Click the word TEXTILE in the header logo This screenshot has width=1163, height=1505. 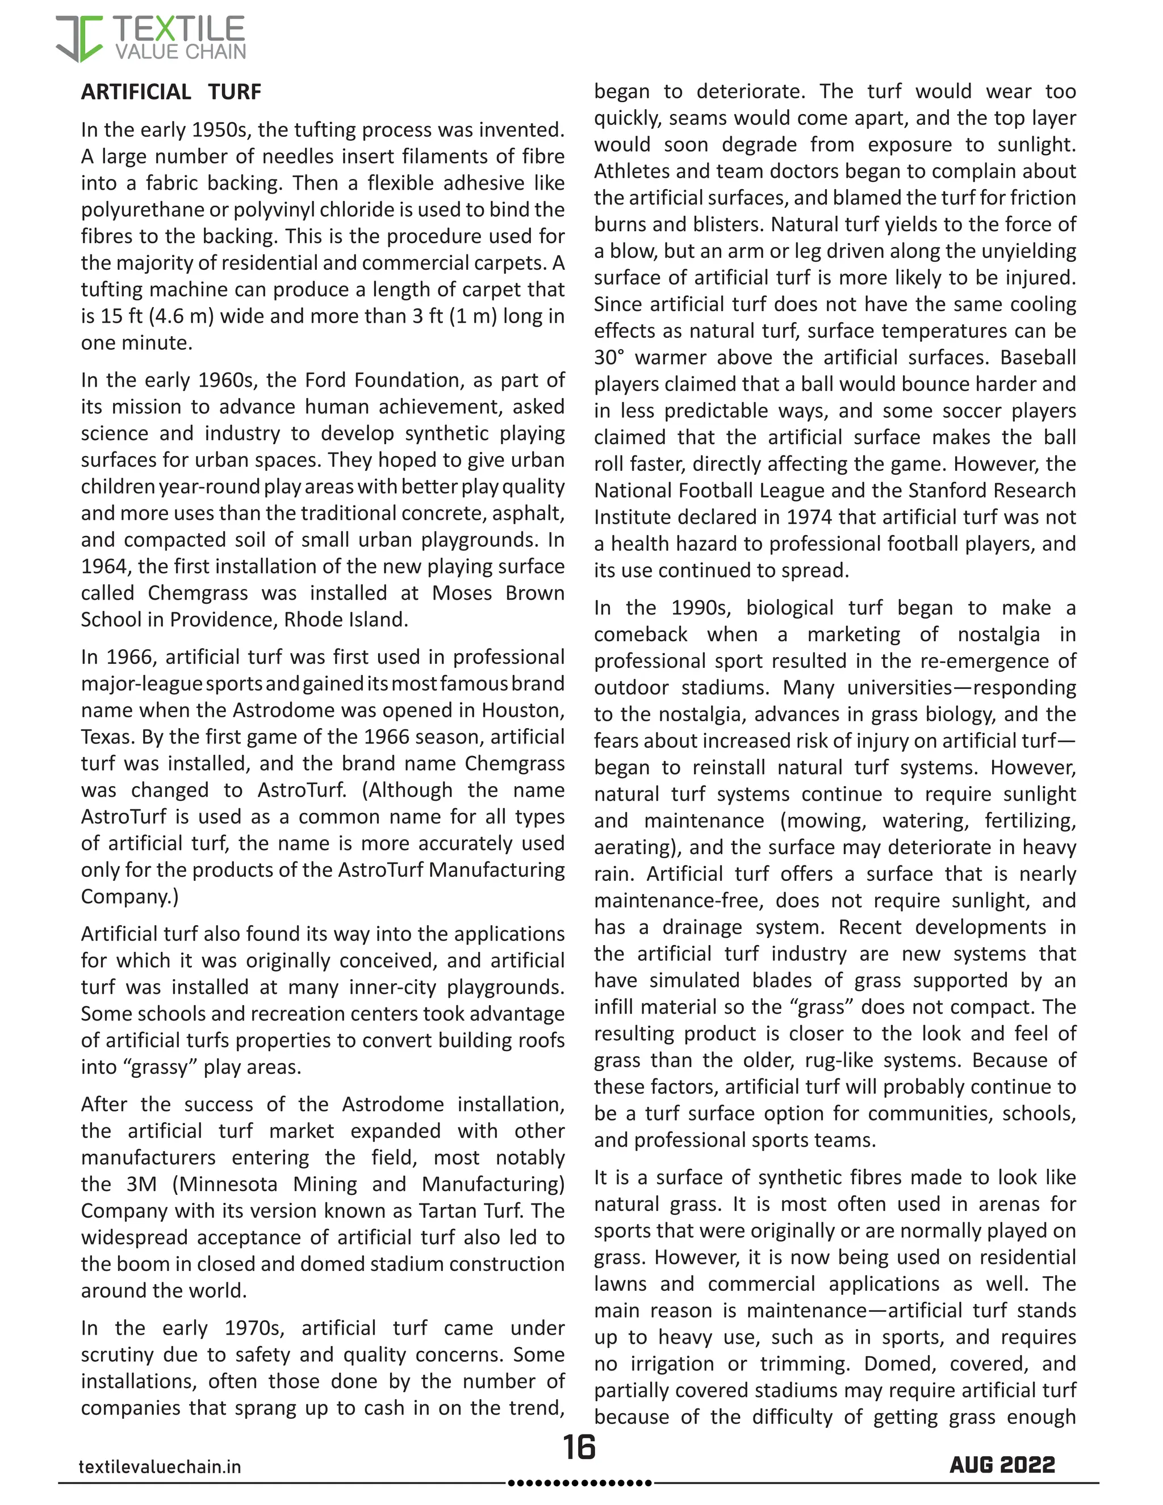point(179,29)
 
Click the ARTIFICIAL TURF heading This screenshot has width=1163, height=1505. point(171,91)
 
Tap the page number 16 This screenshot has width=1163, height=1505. point(579,1447)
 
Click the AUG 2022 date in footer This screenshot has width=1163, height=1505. point(1002,1464)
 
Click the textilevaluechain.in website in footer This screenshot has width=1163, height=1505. point(160,1466)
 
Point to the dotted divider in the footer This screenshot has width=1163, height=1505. point(579,1482)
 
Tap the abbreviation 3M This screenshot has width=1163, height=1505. point(141,1184)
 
